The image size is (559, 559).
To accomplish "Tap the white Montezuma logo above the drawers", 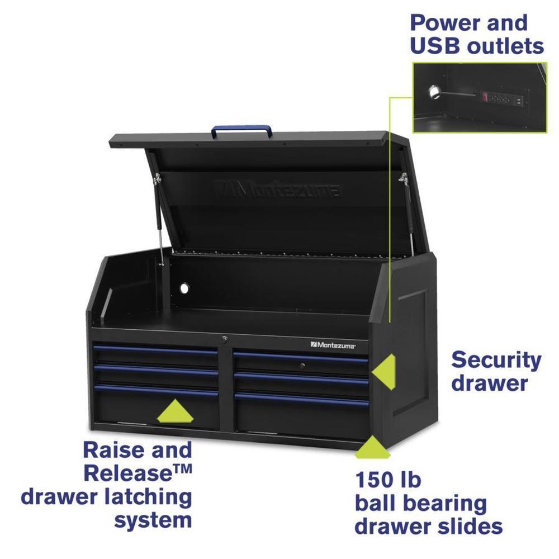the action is pos(333,345).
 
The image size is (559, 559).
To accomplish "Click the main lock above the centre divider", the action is pos(224,340).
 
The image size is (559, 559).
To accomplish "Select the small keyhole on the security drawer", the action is pos(302,366).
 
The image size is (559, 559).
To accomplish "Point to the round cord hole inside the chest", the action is pos(184,288).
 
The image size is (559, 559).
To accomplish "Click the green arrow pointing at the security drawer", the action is pos(383,372).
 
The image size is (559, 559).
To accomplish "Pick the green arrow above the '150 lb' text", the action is pos(372,447).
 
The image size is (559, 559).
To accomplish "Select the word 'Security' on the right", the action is pos(496,361).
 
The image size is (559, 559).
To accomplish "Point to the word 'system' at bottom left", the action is pos(153,521).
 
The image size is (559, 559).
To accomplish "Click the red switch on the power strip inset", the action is pos(485,96).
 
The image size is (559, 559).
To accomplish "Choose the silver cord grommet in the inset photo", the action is pos(434,92).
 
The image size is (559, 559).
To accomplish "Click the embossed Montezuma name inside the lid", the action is pos(276,188).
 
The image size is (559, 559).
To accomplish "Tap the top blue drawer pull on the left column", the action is pos(155,350).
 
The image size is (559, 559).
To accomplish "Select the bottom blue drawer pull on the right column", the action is pos(302,399).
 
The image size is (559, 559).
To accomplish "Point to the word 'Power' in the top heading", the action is pos(440,23).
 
